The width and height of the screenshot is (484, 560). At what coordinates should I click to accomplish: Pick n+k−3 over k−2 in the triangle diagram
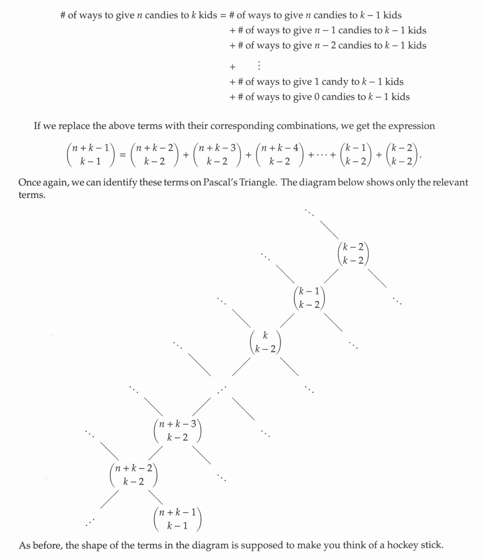[177, 431]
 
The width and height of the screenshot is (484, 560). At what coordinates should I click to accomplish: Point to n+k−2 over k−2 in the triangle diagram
[134, 475]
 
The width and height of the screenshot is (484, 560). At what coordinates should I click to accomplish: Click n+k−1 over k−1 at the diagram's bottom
[177, 519]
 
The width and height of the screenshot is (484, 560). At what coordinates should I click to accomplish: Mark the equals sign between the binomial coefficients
[122, 155]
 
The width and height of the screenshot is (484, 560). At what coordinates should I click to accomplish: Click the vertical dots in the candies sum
[259, 65]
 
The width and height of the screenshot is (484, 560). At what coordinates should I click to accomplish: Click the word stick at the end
[432, 545]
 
